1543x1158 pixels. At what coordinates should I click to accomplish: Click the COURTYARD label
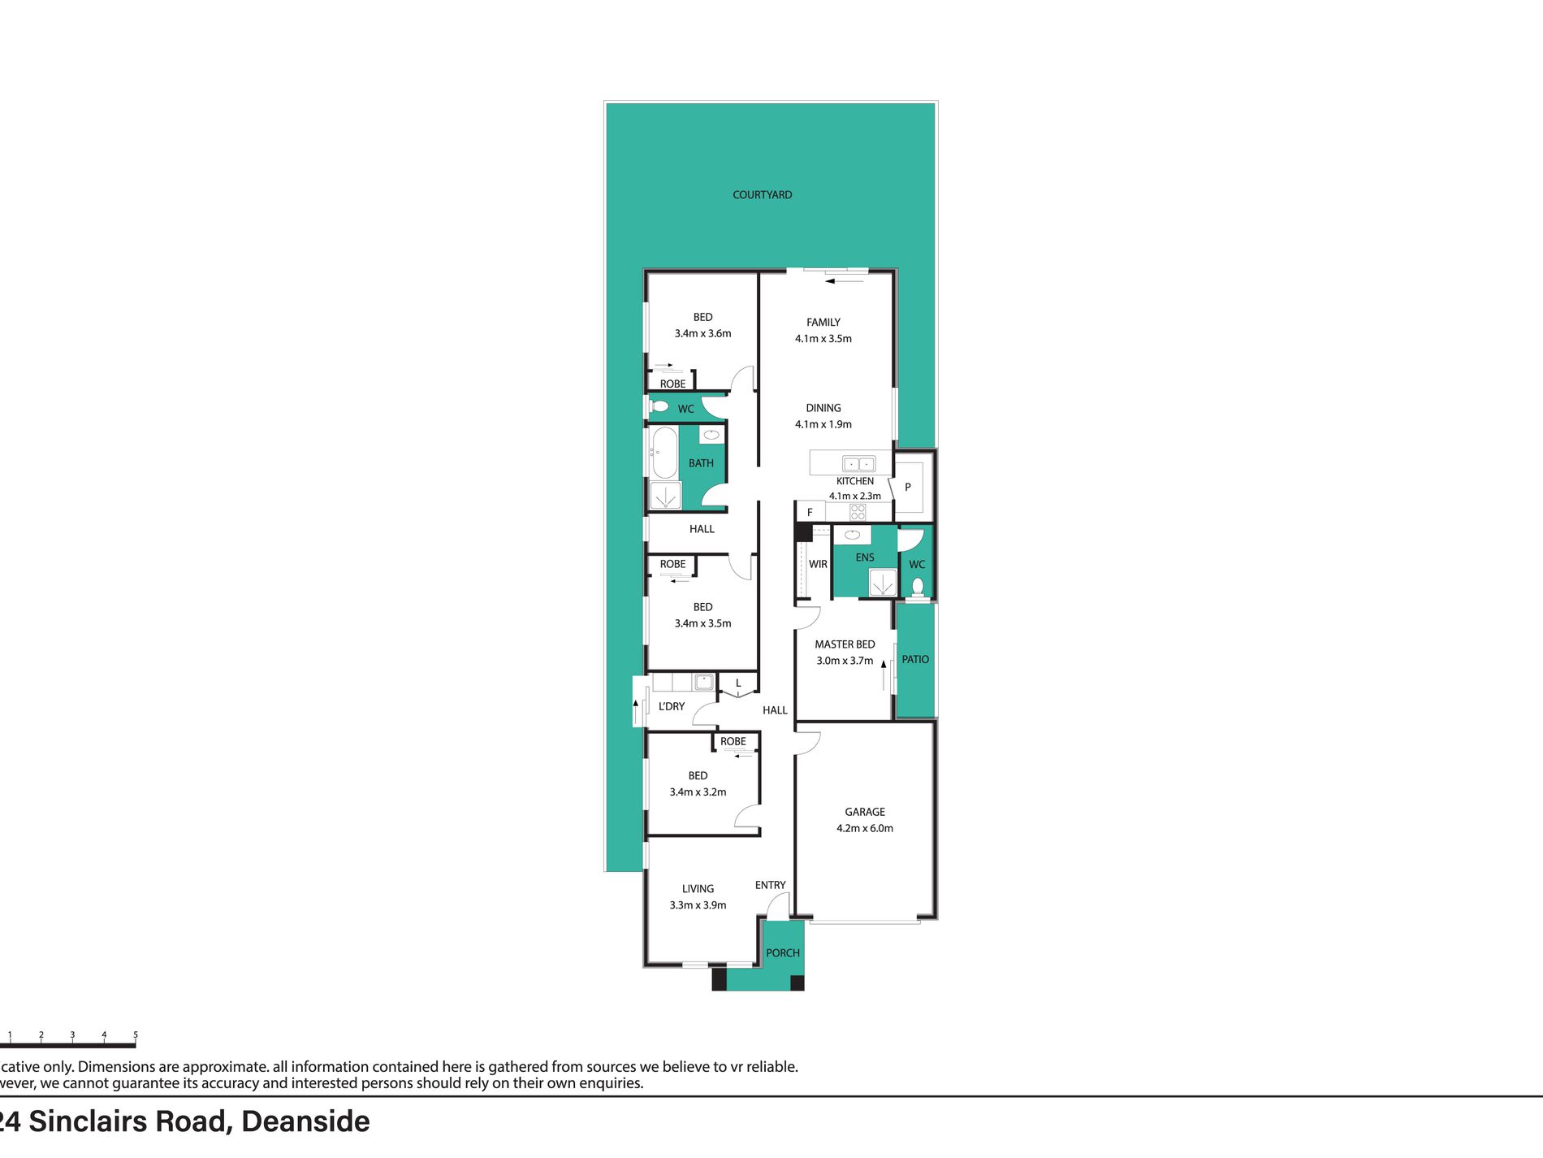click(762, 195)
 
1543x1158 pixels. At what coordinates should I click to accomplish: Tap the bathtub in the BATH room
click(664, 453)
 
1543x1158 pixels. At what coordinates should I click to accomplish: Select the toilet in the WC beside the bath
click(659, 406)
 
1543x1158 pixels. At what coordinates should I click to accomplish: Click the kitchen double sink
click(858, 464)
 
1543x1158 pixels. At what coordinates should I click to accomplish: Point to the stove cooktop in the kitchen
click(858, 512)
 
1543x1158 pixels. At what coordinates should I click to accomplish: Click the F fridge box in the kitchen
click(810, 512)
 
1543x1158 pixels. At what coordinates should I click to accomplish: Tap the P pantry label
click(908, 487)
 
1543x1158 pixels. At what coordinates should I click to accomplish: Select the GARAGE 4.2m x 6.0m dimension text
click(865, 828)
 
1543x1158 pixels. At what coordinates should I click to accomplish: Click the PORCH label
click(783, 952)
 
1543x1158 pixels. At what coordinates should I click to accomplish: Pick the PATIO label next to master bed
click(915, 659)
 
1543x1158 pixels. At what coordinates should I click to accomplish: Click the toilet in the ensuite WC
click(918, 586)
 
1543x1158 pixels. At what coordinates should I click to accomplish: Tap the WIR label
click(818, 564)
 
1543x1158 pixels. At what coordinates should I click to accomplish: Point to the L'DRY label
click(672, 706)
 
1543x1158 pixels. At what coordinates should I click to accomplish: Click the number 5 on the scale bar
click(136, 1035)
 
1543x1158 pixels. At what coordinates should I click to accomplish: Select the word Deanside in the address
click(305, 1121)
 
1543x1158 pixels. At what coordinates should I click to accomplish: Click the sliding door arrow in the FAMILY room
click(845, 281)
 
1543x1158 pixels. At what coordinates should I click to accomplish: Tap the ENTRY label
click(770, 885)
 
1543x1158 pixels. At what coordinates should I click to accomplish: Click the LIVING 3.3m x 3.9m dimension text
click(698, 905)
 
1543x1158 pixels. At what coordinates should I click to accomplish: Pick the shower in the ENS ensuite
click(883, 583)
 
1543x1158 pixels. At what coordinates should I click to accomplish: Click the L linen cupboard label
click(738, 683)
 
